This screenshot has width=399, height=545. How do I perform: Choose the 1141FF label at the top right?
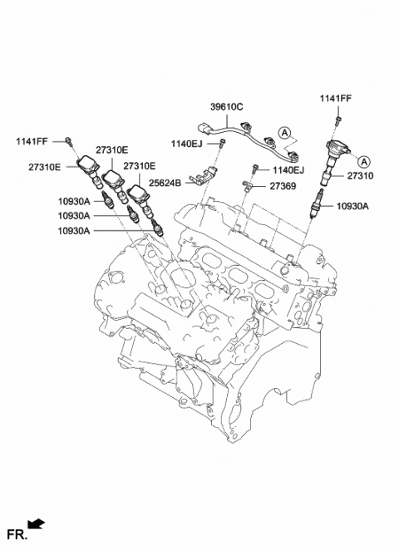pyautogui.click(x=336, y=100)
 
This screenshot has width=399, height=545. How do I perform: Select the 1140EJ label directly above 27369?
pyautogui.click(x=288, y=170)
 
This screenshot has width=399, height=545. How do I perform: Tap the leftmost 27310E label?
pyautogui.click(x=44, y=167)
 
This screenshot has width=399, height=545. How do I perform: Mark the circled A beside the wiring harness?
pyautogui.click(x=284, y=132)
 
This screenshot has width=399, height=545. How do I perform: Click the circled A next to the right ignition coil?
pyautogui.click(x=364, y=158)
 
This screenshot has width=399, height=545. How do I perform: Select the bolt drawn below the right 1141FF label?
pyautogui.click(x=337, y=121)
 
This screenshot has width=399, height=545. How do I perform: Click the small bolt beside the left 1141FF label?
pyautogui.click(x=71, y=140)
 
